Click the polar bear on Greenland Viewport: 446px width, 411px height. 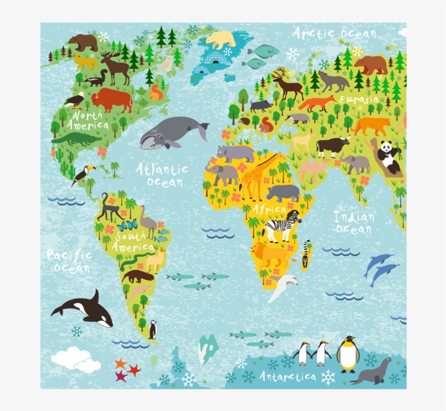(x=221, y=40)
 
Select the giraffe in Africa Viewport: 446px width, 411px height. (x=256, y=174)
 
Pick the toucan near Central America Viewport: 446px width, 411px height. (x=83, y=174)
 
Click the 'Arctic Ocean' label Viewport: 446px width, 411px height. (x=334, y=33)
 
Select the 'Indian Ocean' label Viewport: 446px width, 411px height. (x=354, y=223)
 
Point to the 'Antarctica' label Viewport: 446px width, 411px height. (x=288, y=376)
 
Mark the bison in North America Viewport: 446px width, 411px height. (x=112, y=100)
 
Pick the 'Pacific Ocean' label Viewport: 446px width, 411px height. (x=68, y=261)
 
